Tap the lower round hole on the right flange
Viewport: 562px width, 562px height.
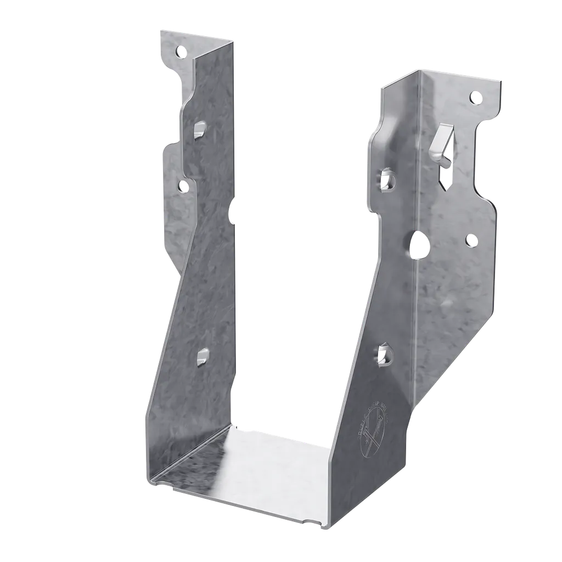[x=470, y=239]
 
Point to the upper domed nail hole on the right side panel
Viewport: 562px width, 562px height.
[x=386, y=179]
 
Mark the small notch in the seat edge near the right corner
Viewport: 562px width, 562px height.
[x=311, y=522]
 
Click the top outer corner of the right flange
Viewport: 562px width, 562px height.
[x=501, y=81]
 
